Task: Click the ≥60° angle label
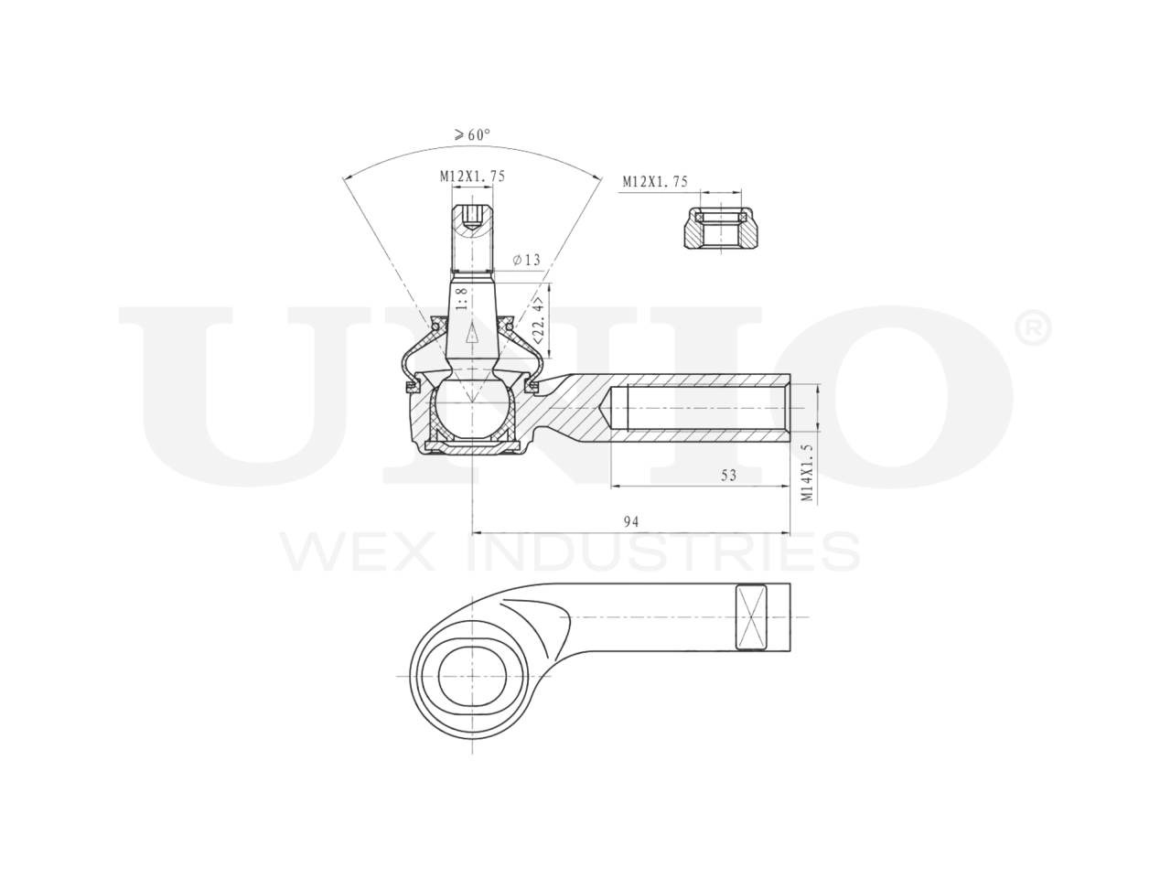(x=471, y=134)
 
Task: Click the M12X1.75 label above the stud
(x=472, y=176)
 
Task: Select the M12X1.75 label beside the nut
(x=655, y=182)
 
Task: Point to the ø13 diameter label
(x=527, y=261)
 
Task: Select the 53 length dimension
(x=728, y=476)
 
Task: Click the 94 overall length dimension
(x=630, y=521)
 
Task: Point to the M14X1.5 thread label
(x=807, y=473)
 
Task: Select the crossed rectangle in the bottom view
(x=749, y=617)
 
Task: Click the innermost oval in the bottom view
(x=472, y=677)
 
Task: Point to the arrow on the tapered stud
(x=472, y=334)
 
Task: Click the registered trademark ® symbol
(x=1033, y=328)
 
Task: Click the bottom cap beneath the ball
(x=472, y=445)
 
